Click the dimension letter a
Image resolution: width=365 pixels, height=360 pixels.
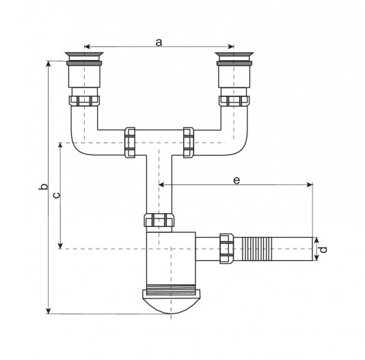click(159, 42)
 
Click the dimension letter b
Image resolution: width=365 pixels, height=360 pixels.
click(43, 186)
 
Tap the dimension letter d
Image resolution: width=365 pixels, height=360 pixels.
click(323, 249)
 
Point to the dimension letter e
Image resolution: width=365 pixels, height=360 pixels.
click(236, 180)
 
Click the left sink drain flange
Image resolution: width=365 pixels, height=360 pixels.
click(84, 55)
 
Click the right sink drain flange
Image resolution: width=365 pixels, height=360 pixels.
click(234, 55)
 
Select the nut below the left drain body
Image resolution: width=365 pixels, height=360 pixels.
click(84, 101)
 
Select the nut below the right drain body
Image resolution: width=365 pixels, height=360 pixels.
click(234, 101)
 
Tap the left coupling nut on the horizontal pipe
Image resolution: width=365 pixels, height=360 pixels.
click(130, 142)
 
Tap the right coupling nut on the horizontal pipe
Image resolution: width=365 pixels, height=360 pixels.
click(189, 142)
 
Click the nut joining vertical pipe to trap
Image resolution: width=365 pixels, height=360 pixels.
click(159, 220)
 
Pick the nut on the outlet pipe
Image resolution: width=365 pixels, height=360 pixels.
click(226, 249)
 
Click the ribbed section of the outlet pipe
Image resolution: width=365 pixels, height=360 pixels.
click(257, 249)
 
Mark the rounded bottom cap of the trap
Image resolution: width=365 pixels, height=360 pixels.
click(171, 301)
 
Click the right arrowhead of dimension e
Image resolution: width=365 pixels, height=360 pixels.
click(310, 184)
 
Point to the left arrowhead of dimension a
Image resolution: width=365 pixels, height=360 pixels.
click(87, 46)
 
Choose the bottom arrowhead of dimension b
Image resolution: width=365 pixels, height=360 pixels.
click(48, 311)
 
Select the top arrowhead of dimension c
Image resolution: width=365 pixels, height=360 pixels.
click(60, 146)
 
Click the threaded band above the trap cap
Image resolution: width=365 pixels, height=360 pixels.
click(171, 287)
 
